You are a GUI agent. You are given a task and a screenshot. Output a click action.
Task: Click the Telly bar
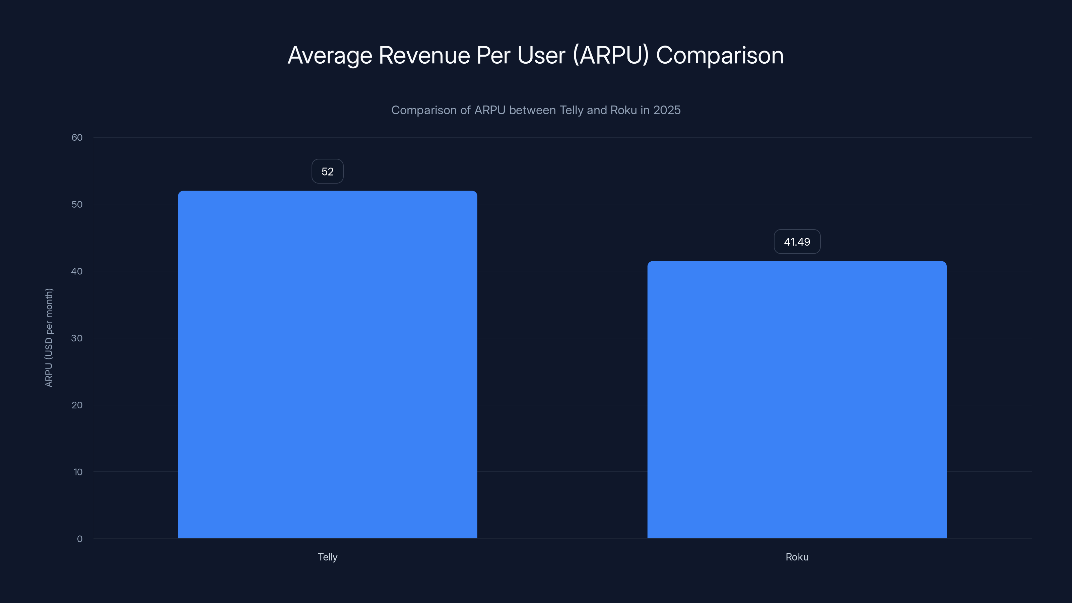tap(328, 364)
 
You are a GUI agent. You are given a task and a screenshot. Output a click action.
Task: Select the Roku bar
tap(797, 400)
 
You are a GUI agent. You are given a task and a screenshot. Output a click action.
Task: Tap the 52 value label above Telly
tap(328, 172)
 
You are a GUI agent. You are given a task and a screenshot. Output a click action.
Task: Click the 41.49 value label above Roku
tap(797, 242)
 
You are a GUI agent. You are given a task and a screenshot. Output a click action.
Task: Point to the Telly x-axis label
tap(328, 557)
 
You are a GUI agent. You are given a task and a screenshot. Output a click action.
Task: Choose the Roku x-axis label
tap(797, 557)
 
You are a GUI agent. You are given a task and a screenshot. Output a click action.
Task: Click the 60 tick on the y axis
tap(77, 137)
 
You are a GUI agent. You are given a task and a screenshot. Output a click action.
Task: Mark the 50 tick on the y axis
tap(77, 204)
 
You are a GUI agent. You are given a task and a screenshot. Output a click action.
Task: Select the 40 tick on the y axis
tap(77, 271)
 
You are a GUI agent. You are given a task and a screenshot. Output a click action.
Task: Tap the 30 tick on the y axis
tap(77, 338)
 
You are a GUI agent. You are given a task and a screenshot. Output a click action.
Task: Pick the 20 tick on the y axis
tap(77, 405)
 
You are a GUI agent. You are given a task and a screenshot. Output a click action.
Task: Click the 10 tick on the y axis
tap(78, 472)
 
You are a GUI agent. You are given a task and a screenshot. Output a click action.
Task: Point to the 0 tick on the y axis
tap(79, 539)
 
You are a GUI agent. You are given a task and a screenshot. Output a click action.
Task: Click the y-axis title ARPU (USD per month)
tap(49, 337)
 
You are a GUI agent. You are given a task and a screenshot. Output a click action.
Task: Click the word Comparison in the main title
tap(720, 55)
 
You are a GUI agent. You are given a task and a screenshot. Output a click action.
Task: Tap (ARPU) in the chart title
tap(610, 55)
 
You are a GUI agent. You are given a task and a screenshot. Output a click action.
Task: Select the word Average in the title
tap(330, 55)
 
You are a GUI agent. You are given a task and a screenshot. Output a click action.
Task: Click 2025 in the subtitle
tap(667, 110)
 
